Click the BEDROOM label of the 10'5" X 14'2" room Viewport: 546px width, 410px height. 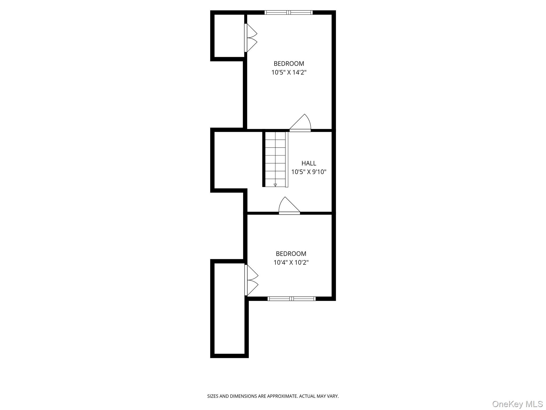(289, 64)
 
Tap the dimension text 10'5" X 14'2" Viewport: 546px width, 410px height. (289, 72)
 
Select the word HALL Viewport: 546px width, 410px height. (309, 163)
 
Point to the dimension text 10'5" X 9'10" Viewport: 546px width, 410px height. (309, 172)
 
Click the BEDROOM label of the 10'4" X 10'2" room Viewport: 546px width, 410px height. (291, 254)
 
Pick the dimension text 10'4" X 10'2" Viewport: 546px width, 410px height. (291, 262)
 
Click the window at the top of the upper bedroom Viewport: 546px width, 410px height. (288, 12)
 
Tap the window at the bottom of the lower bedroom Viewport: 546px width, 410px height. (291, 299)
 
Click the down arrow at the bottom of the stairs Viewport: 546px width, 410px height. (275, 185)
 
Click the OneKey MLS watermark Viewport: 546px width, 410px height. (517, 404)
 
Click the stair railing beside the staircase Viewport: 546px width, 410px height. (287, 159)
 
